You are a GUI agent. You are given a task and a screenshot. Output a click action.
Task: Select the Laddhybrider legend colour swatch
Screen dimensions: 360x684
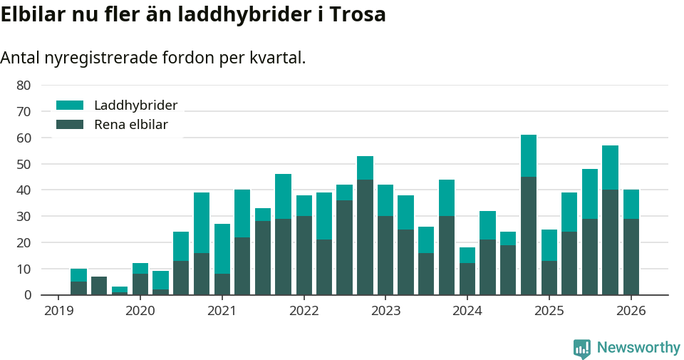(70, 106)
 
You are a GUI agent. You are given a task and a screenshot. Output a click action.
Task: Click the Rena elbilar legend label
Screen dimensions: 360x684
(130, 125)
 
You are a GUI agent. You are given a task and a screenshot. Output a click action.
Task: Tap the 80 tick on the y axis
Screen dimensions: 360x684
(24, 85)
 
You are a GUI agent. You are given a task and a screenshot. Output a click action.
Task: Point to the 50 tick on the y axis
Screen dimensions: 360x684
(24, 164)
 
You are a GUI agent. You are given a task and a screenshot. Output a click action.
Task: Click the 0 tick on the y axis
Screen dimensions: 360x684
(27, 295)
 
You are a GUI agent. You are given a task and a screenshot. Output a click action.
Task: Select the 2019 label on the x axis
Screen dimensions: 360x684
(58, 311)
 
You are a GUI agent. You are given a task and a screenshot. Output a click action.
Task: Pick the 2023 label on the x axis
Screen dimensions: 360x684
(385, 311)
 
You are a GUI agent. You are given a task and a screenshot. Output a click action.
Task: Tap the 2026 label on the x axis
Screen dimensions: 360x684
(631, 311)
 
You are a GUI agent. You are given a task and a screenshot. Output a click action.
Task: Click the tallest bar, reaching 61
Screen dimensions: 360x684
(529, 214)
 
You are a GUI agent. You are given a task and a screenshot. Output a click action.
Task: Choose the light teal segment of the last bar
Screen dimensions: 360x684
(631, 204)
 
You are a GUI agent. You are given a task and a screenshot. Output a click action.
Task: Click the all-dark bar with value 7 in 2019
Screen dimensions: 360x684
(99, 286)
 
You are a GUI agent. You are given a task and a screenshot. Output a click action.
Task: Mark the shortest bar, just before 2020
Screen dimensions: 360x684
(120, 291)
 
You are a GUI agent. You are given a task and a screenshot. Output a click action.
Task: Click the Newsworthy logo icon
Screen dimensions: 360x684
(582, 348)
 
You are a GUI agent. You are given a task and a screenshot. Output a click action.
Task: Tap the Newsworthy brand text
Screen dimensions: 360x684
(638, 348)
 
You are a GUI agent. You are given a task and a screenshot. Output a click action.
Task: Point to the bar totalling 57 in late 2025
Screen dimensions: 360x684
(610, 221)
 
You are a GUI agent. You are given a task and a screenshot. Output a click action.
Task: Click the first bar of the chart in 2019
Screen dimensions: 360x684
(78, 282)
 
